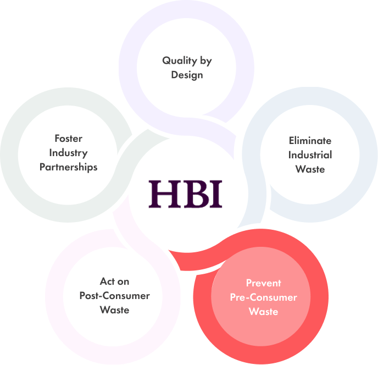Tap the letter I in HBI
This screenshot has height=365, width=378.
(215, 193)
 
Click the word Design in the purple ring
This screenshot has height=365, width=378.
(187, 75)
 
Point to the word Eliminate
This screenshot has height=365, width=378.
(310, 141)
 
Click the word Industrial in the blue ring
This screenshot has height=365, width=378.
(310, 154)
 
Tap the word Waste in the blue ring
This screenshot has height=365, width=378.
(310, 169)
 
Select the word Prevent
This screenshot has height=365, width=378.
(264, 283)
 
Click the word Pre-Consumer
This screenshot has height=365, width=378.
(264, 297)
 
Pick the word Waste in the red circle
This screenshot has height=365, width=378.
(264, 312)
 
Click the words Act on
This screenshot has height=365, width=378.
(114, 281)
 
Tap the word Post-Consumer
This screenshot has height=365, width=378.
(114, 296)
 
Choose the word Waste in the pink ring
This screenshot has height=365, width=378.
(114, 310)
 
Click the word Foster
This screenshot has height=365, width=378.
(68, 138)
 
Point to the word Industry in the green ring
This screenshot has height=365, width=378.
(68, 152)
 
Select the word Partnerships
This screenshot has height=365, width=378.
(68, 167)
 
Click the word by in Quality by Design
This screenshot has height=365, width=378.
(205, 60)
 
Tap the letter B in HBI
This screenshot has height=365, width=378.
(192, 193)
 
